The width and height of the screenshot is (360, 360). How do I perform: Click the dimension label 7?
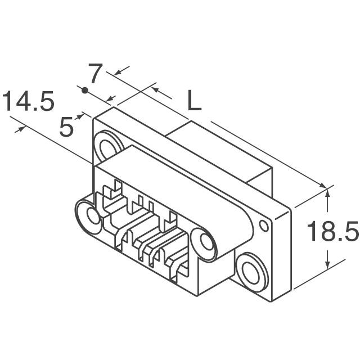96,74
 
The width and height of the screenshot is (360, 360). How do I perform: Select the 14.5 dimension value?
28,103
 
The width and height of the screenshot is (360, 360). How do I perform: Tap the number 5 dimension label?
67,128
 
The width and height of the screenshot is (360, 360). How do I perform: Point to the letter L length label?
193,101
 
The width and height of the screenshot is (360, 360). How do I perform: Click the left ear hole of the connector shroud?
89,214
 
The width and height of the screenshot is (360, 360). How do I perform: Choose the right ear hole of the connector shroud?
205,244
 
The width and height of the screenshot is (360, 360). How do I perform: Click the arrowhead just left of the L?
156,89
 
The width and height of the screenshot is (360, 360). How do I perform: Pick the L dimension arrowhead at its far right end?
322,186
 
